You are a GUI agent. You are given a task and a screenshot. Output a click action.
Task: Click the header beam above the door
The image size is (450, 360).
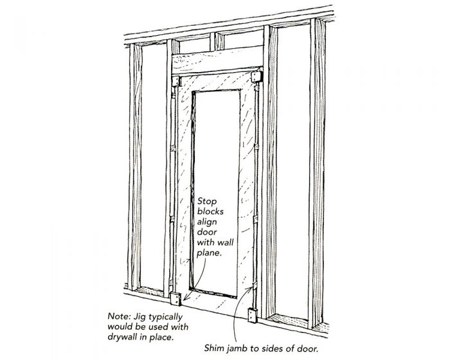point(218,64)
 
